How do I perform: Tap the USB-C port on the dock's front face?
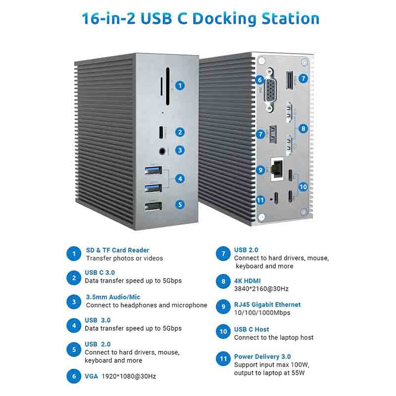coord(161,132)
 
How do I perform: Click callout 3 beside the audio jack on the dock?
coord(180,150)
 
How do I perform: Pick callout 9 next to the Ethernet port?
coord(260,170)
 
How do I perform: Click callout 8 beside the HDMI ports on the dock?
coord(303,129)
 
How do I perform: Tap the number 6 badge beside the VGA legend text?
coord(74,376)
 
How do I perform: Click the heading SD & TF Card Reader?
coord(117,250)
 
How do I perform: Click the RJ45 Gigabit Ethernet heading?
coord(267,304)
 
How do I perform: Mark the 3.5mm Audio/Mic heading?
coord(113,297)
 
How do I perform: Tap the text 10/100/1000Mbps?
coord(262,313)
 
